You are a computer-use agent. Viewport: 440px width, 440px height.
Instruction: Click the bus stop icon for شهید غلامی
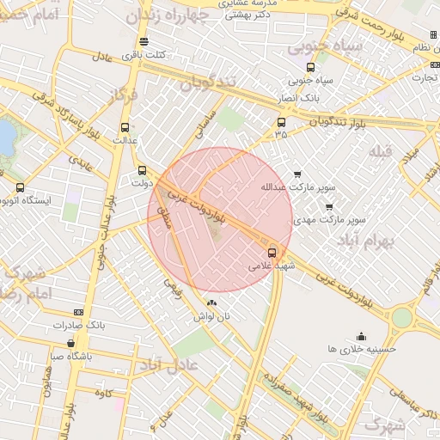tap(272, 253)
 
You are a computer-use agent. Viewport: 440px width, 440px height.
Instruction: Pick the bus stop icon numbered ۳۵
tap(281, 121)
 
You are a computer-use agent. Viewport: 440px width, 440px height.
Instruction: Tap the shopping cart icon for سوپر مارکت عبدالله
tap(297, 174)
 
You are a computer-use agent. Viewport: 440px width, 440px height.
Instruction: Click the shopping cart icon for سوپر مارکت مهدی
tap(329, 206)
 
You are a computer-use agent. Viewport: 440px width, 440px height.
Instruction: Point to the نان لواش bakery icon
tap(212, 302)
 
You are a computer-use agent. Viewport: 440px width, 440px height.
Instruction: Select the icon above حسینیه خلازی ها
tap(361, 336)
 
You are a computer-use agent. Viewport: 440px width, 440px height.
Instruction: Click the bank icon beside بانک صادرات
tap(79, 312)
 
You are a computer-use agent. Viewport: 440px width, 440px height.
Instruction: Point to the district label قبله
tap(380, 151)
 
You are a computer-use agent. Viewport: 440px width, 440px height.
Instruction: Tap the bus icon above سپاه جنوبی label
tap(310, 67)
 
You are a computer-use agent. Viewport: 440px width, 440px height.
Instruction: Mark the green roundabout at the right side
tap(401, 316)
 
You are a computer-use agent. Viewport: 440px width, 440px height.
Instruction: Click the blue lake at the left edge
tap(6, 137)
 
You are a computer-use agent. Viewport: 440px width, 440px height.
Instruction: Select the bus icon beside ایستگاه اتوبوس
tap(20, 187)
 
